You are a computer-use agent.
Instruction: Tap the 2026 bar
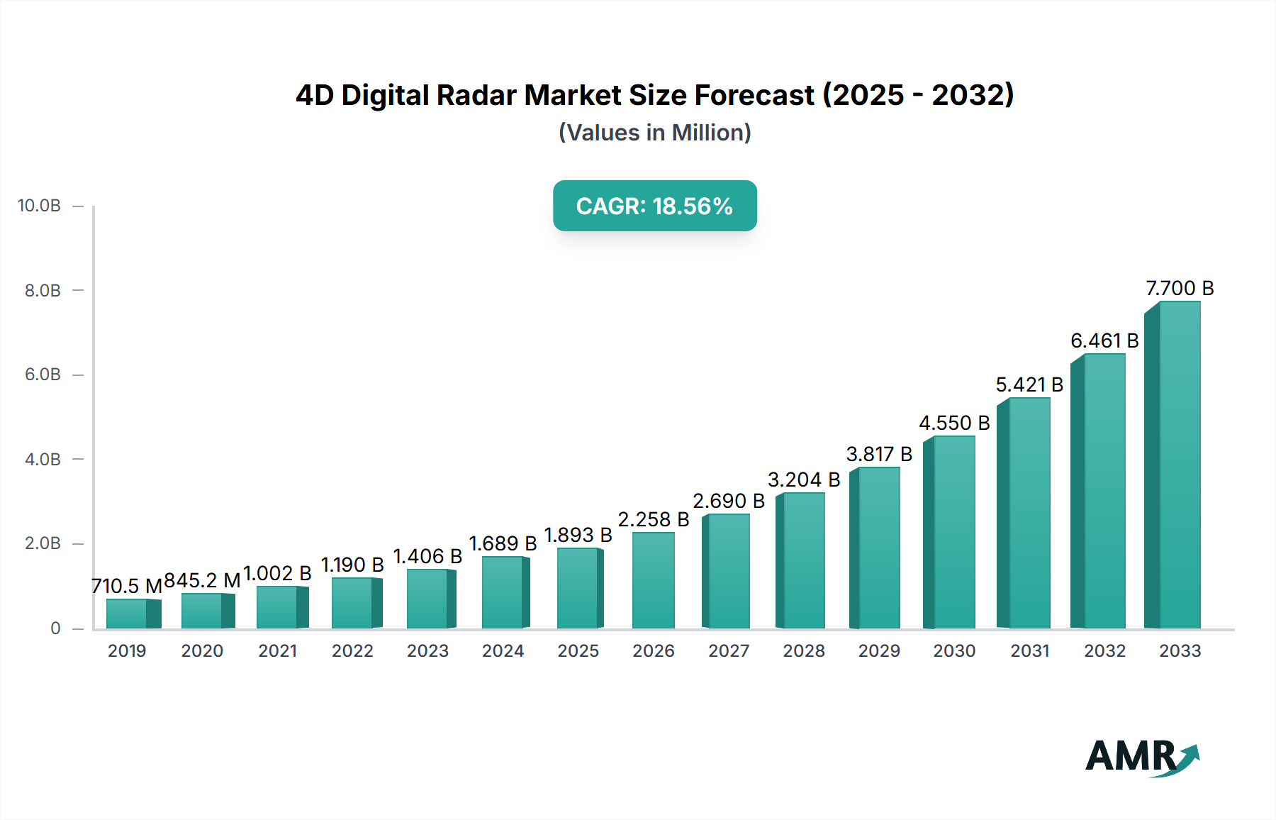click(653, 580)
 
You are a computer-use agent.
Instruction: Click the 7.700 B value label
click(1180, 289)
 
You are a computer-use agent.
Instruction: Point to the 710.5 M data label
click(127, 586)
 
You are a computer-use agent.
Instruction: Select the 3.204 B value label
click(803, 480)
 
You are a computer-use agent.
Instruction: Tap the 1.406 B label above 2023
click(427, 557)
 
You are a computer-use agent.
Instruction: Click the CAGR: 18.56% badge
click(654, 206)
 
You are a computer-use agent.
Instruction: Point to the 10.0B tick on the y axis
click(39, 206)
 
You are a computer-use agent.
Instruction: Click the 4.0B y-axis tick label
click(43, 460)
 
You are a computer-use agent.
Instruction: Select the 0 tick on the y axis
click(55, 628)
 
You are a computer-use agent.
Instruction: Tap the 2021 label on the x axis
click(277, 651)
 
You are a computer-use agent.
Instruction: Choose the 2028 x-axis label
click(803, 651)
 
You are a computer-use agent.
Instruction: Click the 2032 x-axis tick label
click(1104, 651)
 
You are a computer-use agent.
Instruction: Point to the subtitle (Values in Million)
click(654, 133)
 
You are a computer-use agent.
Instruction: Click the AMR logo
click(1141, 757)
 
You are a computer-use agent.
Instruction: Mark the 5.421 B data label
click(1029, 385)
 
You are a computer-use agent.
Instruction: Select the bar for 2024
click(504, 592)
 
